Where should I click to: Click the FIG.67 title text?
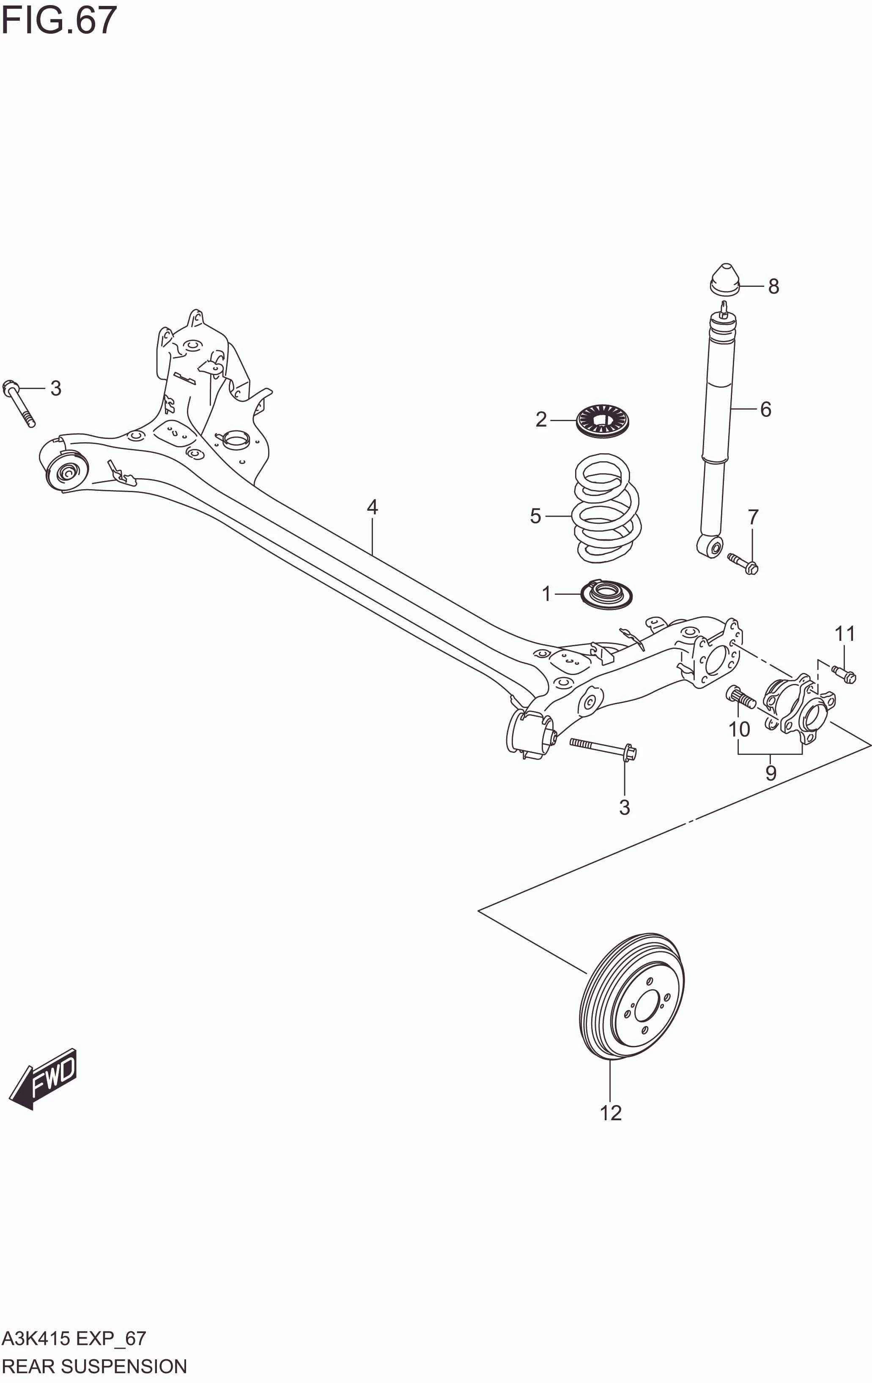coord(59,20)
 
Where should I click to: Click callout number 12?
coord(611,1113)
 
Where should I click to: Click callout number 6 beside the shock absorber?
coord(765,409)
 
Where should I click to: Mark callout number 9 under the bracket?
coord(771,773)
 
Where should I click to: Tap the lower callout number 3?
coord(624,807)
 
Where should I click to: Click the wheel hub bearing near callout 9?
coord(799,706)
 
